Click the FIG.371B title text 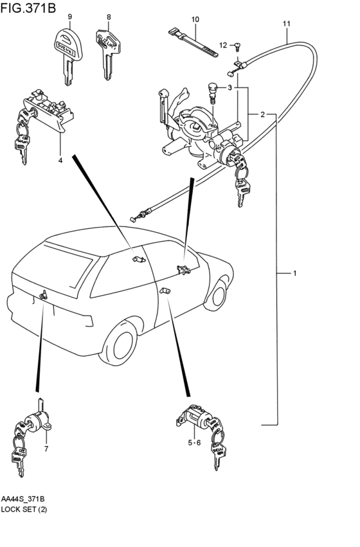pyautogui.click(x=28, y=7)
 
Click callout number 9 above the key pyautogui.click(x=70, y=17)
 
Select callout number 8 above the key pyautogui.click(x=109, y=17)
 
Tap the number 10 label pyautogui.click(x=195, y=19)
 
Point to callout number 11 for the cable pyautogui.click(x=287, y=24)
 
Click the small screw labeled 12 pyautogui.click(x=239, y=46)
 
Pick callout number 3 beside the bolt pyautogui.click(x=230, y=87)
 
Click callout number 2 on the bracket pyautogui.click(x=262, y=114)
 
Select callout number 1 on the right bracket pyautogui.click(x=294, y=273)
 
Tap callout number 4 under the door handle pyautogui.click(x=60, y=161)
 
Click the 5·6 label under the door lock pyautogui.click(x=194, y=443)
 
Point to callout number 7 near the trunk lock pyautogui.click(x=46, y=449)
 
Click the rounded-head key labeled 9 pyautogui.click(x=68, y=55)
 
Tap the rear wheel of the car pyautogui.click(x=118, y=343)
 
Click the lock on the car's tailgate pyautogui.click(x=44, y=295)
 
